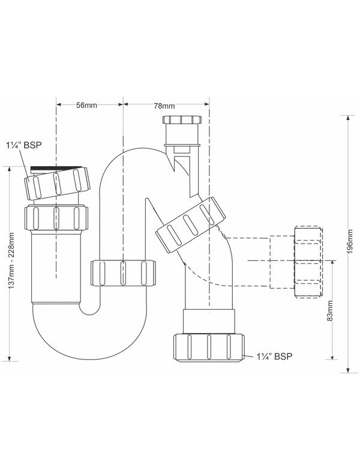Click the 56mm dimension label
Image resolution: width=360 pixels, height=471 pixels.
click(86, 105)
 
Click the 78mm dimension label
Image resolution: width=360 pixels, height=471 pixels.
click(164, 106)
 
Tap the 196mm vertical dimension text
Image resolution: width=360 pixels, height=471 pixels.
click(350, 242)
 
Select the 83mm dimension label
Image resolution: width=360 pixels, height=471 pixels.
click(330, 311)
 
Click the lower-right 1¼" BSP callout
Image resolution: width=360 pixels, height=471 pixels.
click(274, 356)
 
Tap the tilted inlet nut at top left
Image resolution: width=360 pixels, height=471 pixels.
click(57, 184)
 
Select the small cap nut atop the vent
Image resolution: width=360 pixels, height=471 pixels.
click(183, 119)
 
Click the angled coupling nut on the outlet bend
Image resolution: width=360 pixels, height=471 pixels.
click(191, 224)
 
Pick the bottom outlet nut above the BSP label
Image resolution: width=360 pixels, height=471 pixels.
click(209, 348)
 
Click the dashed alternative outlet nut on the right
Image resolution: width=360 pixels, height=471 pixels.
click(308, 263)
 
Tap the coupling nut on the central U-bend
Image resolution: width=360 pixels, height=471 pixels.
click(123, 273)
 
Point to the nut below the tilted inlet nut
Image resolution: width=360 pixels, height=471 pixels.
click(56, 218)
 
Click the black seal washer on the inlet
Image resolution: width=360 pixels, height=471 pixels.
click(58, 168)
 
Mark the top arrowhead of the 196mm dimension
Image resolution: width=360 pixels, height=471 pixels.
click(348, 118)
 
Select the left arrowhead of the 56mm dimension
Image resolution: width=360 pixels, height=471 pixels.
click(59, 104)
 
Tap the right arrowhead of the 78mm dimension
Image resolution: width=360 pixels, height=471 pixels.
click(206, 104)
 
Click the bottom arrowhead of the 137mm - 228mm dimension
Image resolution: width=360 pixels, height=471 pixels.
click(10, 358)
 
